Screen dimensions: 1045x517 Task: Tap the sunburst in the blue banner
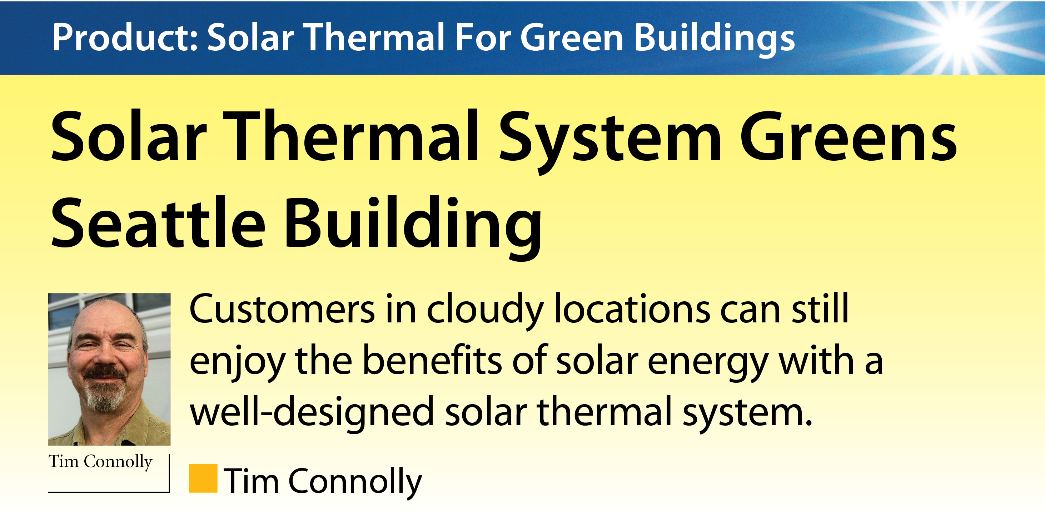point(961,35)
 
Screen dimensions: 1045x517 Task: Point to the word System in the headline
point(610,142)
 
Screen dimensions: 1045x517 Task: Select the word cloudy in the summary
point(485,311)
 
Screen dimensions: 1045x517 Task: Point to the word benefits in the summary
point(432,360)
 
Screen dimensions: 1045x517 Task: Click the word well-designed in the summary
point(312,413)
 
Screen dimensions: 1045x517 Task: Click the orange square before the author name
point(203,478)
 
